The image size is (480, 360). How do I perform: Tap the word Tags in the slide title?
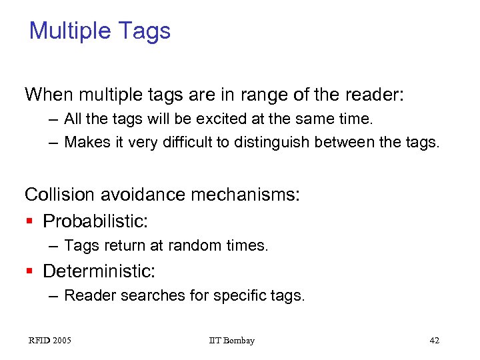coord(149,31)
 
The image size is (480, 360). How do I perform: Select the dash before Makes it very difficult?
coord(53,143)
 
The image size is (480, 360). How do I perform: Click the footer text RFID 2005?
coord(50,341)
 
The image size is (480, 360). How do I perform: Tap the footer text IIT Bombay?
coord(231,341)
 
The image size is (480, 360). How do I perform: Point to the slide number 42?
coord(434,341)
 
